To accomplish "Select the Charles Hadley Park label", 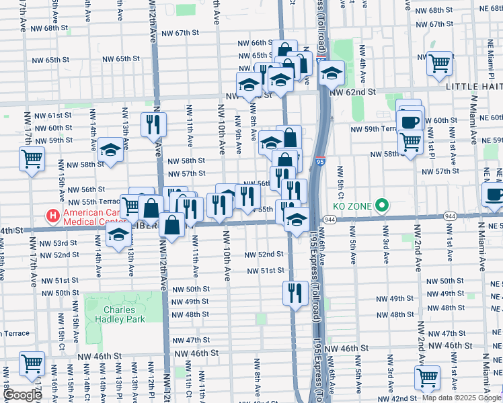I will [x=119, y=315].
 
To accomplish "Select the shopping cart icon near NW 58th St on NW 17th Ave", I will [x=32, y=160].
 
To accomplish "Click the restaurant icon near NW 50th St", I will [x=295, y=292].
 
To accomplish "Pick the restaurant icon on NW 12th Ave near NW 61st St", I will [x=153, y=124].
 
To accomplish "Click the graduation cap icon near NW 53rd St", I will [x=119, y=234].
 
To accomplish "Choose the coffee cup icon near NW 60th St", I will [x=410, y=122].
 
